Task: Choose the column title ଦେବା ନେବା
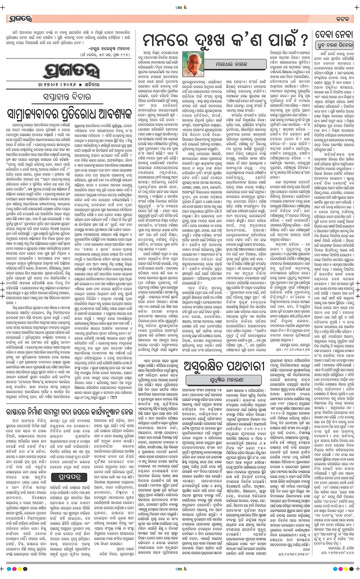[334, 35]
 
